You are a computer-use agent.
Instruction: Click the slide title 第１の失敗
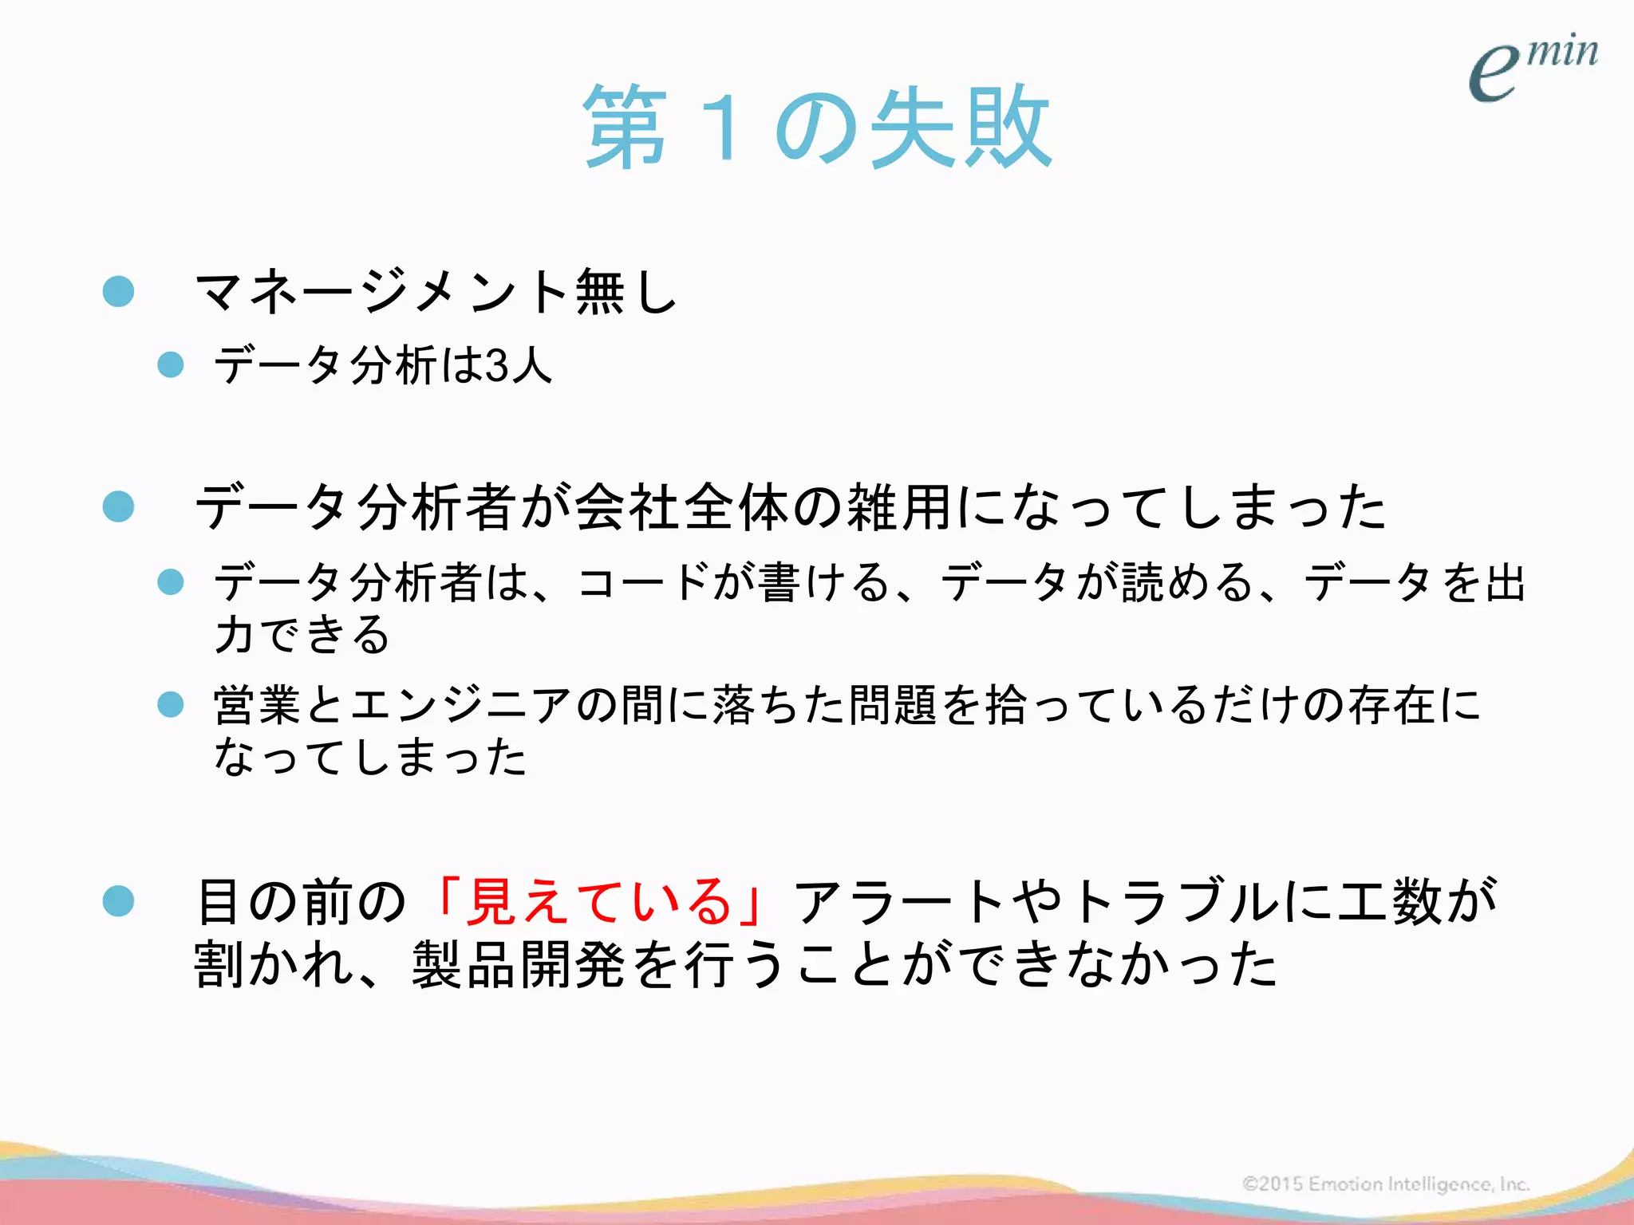pyautogui.click(x=817, y=128)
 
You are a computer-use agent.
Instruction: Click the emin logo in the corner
pyautogui.click(x=1532, y=68)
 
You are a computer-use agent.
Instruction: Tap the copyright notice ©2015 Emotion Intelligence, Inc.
pyautogui.click(x=1386, y=1184)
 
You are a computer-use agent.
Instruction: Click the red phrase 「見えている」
pyautogui.click(x=598, y=902)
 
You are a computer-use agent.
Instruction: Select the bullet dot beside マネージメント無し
pyautogui.click(x=119, y=292)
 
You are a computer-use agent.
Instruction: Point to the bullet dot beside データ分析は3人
pyautogui.click(x=171, y=365)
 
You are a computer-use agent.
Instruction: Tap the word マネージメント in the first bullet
pyautogui.click(x=381, y=292)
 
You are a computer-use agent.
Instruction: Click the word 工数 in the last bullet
pyautogui.click(x=1390, y=902)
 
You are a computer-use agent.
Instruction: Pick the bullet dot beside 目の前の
pyautogui.click(x=119, y=902)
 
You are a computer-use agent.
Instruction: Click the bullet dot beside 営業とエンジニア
pyautogui.click(x=171, y=705)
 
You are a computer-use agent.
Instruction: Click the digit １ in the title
pyautogui.click(x=723, y=128)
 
